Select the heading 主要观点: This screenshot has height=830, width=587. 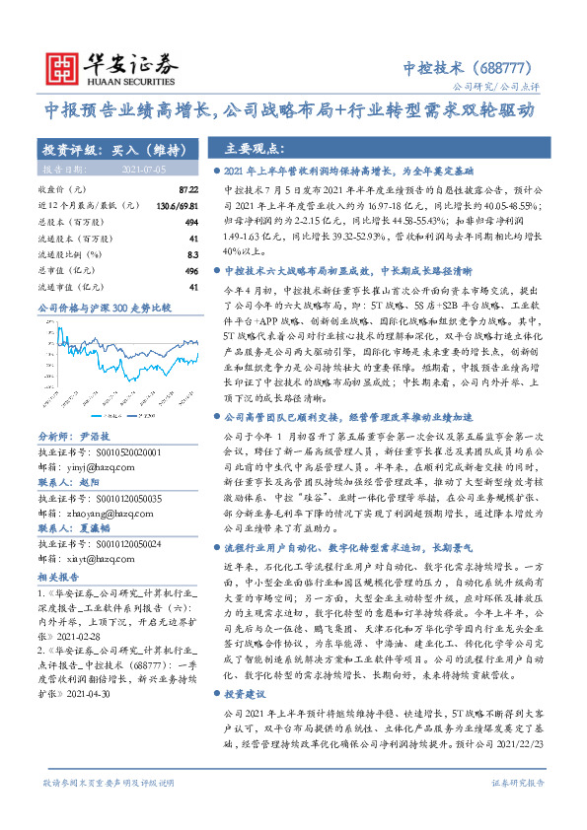pyautogui.click(x=254, y=150)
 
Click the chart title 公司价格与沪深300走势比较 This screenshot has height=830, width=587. pyautogui.click(x=104, y=309)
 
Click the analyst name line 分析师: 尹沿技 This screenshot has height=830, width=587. pyautogui.click(x=77, y=406)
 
